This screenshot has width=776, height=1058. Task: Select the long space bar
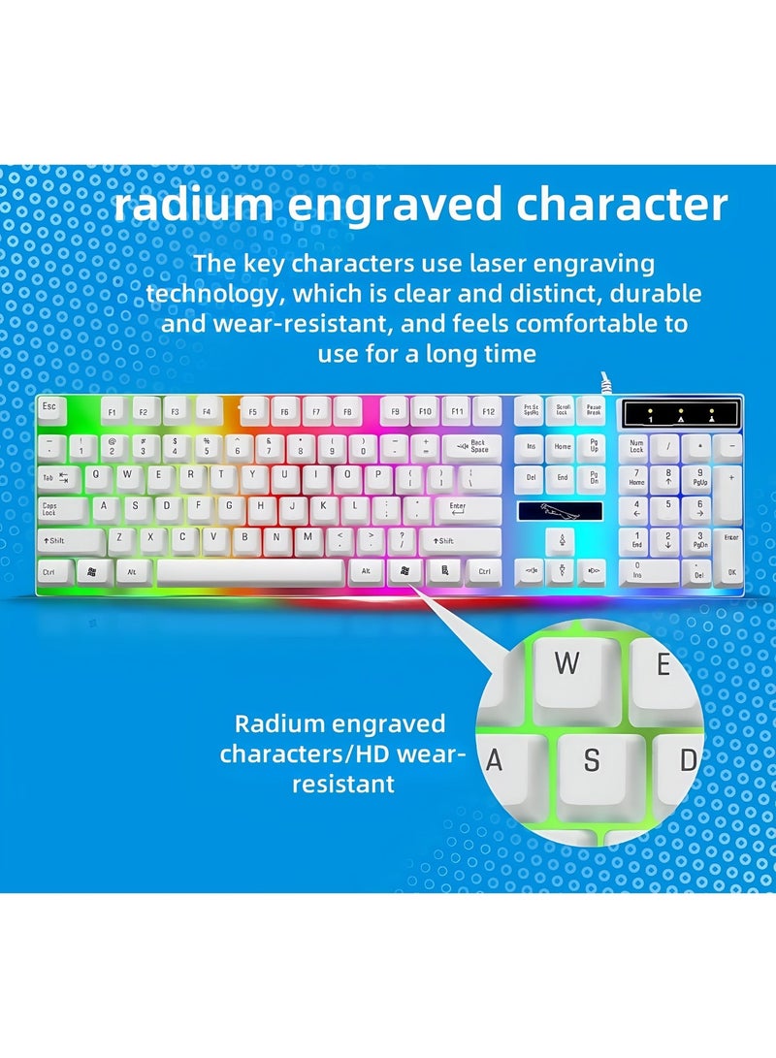[249, 571]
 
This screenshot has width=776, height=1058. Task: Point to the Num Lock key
[636, 447]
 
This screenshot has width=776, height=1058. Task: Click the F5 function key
[253, 411]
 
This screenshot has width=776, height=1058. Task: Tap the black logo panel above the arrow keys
[559, 510]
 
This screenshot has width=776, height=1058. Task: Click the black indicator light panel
[681, 413]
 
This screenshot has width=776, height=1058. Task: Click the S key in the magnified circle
[592, 761]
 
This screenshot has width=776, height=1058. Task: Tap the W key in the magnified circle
[568, 664]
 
